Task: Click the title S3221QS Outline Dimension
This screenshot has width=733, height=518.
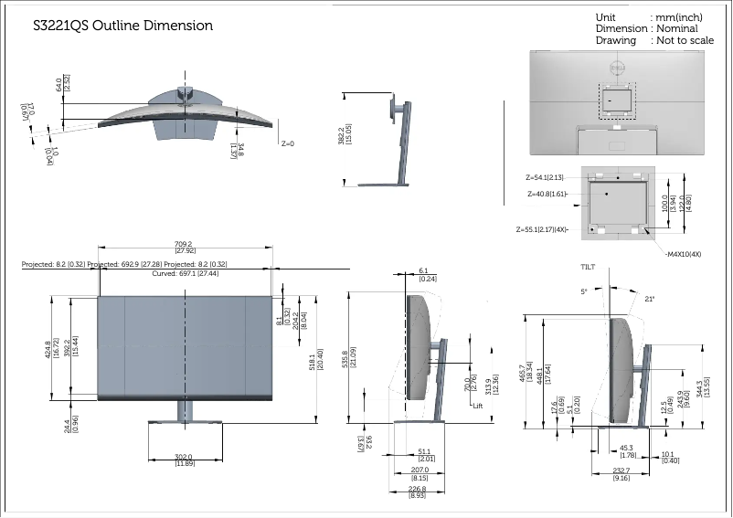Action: (x=122, y=26)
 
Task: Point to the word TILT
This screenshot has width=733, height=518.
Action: (x=589, y=266)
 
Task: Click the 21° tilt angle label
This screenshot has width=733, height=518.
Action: (x=650, y=299)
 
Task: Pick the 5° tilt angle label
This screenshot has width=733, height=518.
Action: (x=584, y=291)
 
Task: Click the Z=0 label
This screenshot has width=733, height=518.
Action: (x=288, y=143)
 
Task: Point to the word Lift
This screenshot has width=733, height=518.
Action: (x=477, y=405)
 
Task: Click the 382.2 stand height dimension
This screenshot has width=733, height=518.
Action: (x=344, y=139)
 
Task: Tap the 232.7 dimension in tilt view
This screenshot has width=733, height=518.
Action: (x=621, y=473)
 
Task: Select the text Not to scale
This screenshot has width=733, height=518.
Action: (x=683, y=41)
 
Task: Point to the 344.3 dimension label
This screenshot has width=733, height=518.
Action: (x=702, y=390)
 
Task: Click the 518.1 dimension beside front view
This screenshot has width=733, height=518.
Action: (x=315, y=362)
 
